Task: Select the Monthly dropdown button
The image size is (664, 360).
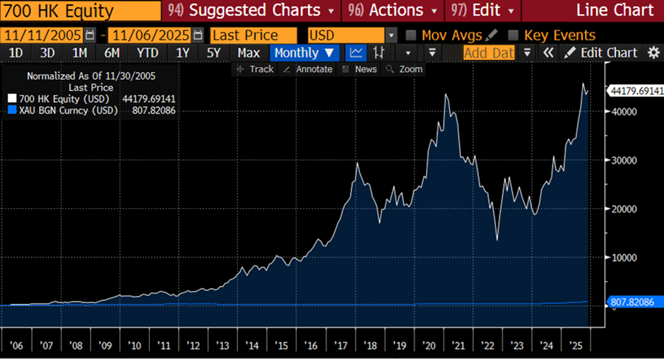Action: (x=304, y=53)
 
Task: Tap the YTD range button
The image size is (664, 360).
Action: (x=148, y=53)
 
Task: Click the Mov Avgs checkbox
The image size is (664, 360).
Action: (x=411, y=35)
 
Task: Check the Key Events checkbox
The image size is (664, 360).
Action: (x=514, y=35)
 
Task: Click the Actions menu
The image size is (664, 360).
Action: (x=392, y=11)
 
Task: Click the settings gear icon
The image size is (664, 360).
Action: (x=653, y=53)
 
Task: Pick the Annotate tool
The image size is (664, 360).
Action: (x=307, y=69)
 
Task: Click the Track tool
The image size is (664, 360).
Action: (x=256, y=69)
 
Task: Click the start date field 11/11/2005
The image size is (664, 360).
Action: (x=42, y=35)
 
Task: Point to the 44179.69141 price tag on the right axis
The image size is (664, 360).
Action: (x=635, y=90)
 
